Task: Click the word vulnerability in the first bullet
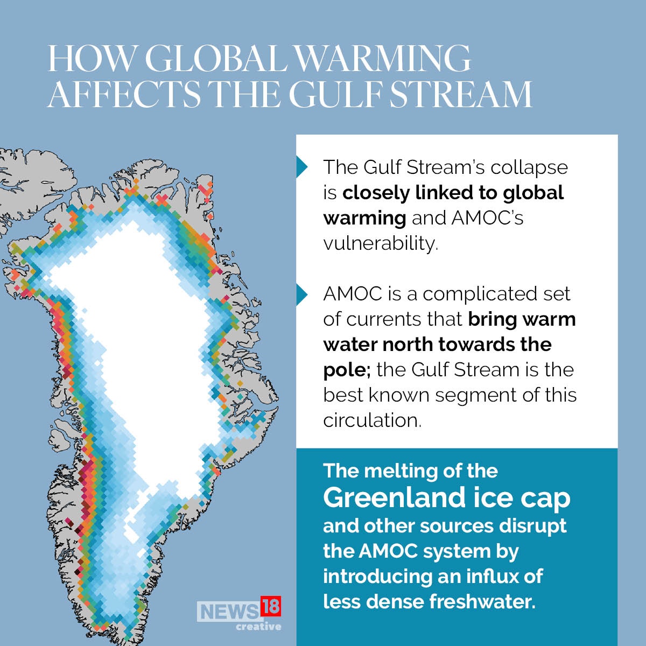click(381, 243)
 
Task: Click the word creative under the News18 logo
click(258, 627)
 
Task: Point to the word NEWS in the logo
click(228, 612)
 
